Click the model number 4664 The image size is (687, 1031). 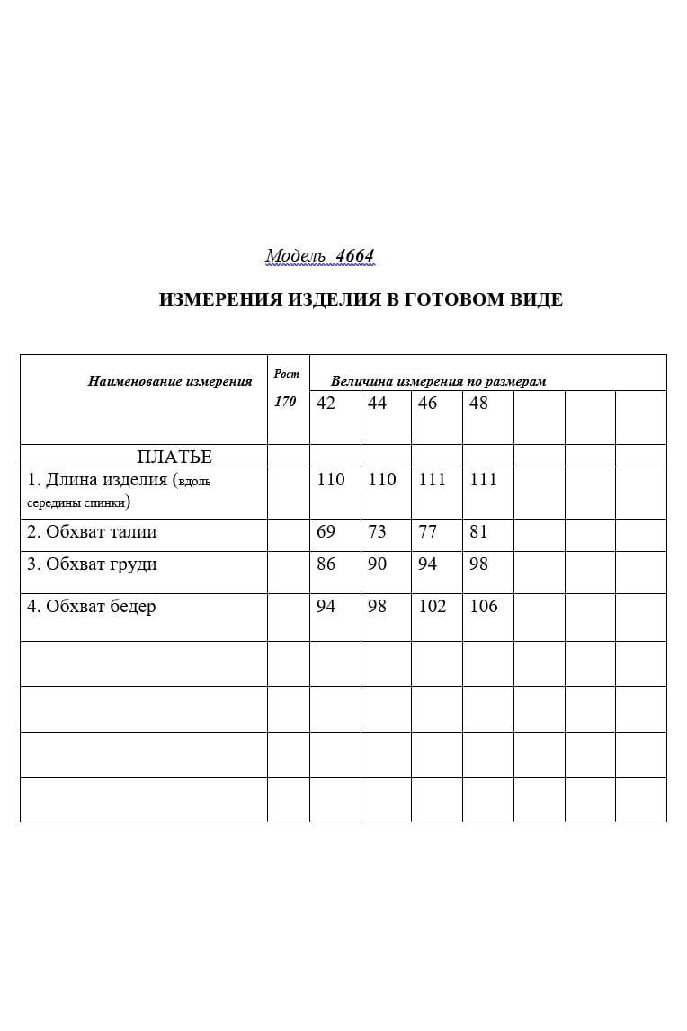tap(354, 256)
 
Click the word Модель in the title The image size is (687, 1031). tap(295, 256)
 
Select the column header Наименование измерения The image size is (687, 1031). tap(170, 381)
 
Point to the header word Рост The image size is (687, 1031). tap(286, 373)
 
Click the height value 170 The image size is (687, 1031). tap(285, 402)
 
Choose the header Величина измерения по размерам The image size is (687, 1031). tap(438, 381)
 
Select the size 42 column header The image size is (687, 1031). tap(326, 404)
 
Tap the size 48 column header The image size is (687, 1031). tap(478, 404)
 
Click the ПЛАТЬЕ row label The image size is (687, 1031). tap(174, 457)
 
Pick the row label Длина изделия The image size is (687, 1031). tap(97, 480)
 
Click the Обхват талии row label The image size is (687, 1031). tap(92, 532)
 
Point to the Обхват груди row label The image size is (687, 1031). tap(92, 564)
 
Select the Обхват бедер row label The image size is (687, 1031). tap(91, 607)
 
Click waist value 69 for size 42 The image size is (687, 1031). tap(326, 532)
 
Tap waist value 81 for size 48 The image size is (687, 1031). tap(478, 532)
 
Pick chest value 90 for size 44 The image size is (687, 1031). tap(378, 564)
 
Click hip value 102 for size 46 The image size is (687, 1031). tap(433, 607)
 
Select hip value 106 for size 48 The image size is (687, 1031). tap(484, 607)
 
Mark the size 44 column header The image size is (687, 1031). tap(378, 404)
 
